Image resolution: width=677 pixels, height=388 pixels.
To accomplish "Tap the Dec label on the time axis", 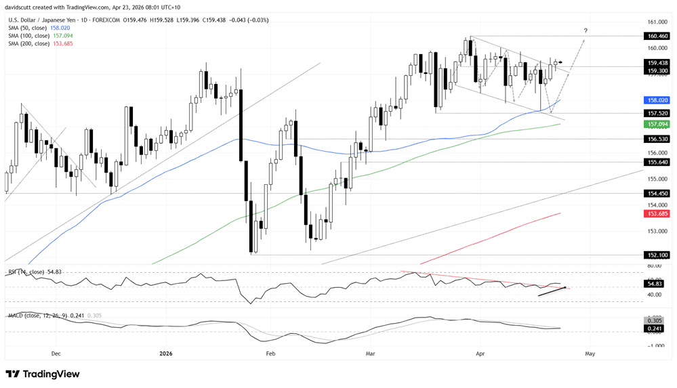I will coord(56,353).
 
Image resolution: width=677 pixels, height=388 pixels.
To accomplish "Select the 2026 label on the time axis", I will coord(167,353).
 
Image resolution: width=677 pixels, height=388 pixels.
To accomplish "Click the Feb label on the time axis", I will coord(270,353).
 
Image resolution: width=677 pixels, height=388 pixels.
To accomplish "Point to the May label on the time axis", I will coord(590,353).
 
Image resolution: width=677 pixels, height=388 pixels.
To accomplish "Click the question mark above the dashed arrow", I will coord(586,30).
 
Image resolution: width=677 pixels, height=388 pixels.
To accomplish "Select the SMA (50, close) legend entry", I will coord(28,28).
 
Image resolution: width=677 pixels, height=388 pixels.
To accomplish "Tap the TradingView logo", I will coord(43,374).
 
